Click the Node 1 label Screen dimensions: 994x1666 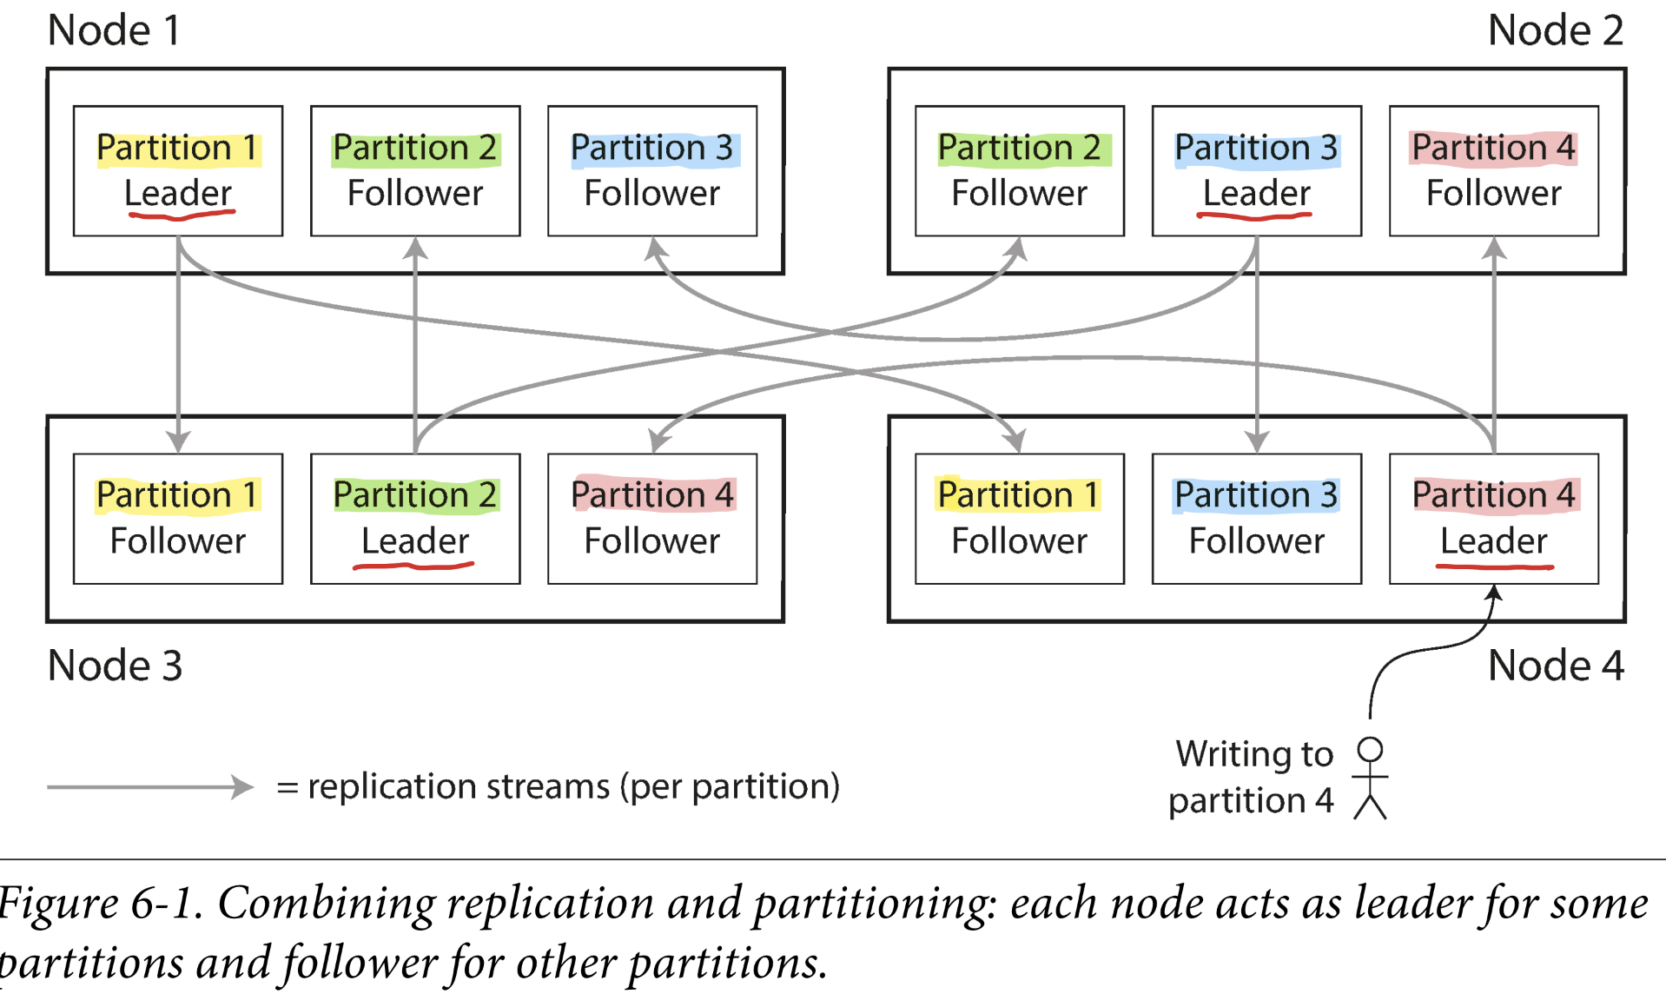pyautogui.click(x=114, y=30)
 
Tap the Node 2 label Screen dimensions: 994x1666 pyautogui.click(x=1555, y=30)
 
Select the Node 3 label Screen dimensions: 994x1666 pyautogui.click(x=115, y=666)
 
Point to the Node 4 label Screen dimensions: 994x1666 pyautogui.click(x=1555, y=666)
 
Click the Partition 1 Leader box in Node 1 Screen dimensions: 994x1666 pyautogui.click(x=178, y=170)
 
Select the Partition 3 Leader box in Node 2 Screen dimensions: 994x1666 pyautogui.click(x=1256, y=170)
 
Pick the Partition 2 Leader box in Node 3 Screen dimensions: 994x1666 pyautogui.click(x=415, y=518)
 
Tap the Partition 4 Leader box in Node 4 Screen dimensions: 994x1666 pyautogui.click(x=1493, y=518)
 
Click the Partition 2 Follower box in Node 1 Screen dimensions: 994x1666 pyautogui.click(x=415, y=170)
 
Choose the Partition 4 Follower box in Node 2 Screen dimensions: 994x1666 pyautogui.click(x=1493, y=170)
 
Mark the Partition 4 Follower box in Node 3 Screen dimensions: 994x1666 pyautogui.click(x=652, y=518)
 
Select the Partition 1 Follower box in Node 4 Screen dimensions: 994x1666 pyautogui.click(x=1019, y=518)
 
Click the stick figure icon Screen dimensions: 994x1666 pyautogui.click(x=1370, y=778)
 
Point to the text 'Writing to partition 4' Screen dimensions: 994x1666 pyautogui.click(x=1252, y=777)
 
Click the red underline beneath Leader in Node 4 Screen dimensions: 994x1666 pyautogui.click(x=1494, y=567)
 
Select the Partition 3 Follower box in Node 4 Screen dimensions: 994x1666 pyautogui.click(x=1256, y=518)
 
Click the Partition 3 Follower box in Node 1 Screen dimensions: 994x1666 pyautogui.click(x=652, y=170)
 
